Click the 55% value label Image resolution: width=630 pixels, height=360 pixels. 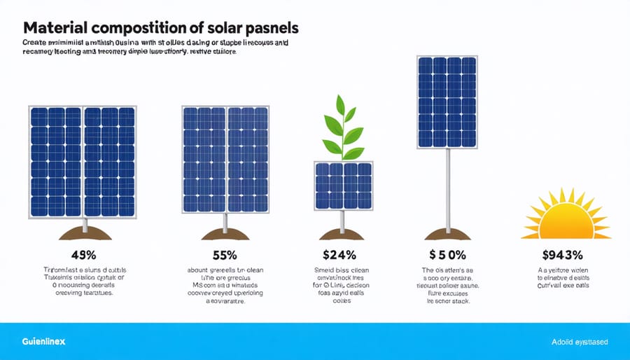click(x=225, y=256)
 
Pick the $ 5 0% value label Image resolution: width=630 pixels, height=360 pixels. click(x=446, y=256)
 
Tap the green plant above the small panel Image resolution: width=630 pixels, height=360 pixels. click(x=342, y=129)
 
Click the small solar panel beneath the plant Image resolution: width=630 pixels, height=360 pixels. click(x=342, y=186)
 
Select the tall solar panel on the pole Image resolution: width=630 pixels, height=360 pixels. click(x=447, y=102)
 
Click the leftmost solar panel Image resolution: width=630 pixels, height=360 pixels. click(x=83, y=161)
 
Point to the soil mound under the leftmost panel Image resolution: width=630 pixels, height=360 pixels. click(x=84, y=234)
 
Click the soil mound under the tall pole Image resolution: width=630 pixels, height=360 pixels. click(x=446, y=234)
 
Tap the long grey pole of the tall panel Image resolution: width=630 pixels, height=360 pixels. click(x=446, y=189)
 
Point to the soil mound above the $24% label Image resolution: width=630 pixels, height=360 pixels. click(x=342, y=234)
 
